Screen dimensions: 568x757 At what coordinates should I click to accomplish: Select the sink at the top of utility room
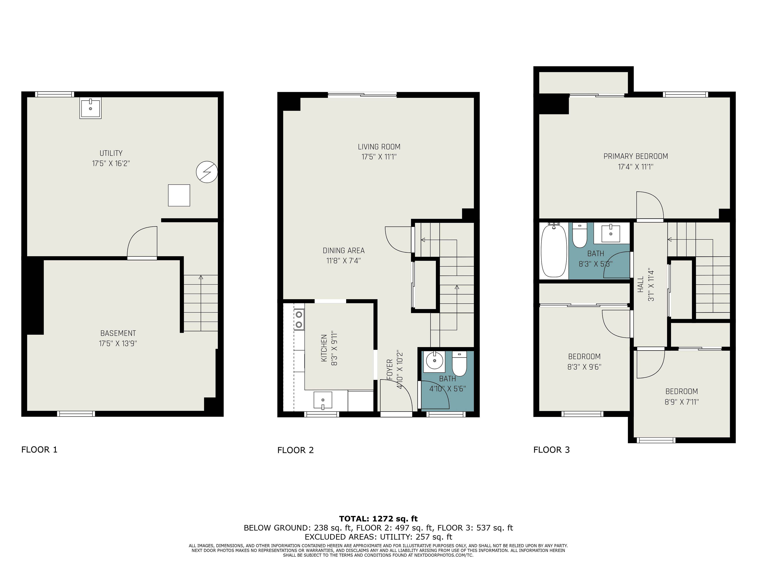pos(90,108)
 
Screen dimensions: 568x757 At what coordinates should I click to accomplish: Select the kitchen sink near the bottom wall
pos(323,400)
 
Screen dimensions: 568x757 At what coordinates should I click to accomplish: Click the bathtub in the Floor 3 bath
pos(554,251)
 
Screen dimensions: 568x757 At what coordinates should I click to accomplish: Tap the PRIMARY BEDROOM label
pos(636,156)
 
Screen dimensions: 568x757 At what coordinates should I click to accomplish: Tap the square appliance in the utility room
pos(179,195)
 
